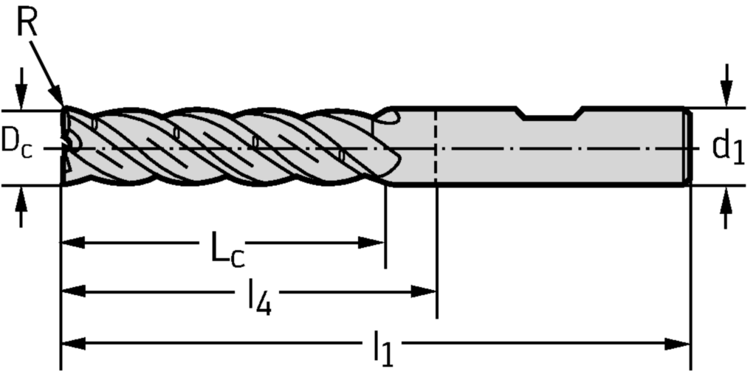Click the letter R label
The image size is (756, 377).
coord(27,24)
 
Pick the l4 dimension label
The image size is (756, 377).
coord(258,298)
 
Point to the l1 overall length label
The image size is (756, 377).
coord(382,348)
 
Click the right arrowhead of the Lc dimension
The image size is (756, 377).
coord(373,243)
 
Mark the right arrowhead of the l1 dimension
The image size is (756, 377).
coord(678,344)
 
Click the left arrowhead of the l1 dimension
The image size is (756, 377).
coord(72,344)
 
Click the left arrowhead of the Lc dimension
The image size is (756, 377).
coord(72,243)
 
